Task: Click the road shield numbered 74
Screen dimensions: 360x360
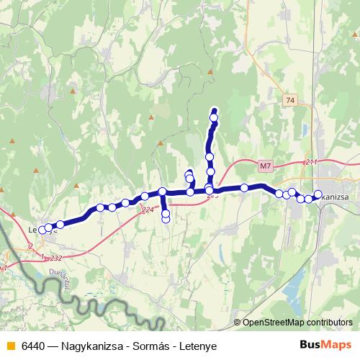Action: coord(290,100)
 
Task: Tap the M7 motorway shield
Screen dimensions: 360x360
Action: coord(265,166)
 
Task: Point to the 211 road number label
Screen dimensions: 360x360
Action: coord(311,162)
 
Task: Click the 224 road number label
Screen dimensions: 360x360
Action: coord(148,210)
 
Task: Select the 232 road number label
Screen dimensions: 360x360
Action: coord(57,258)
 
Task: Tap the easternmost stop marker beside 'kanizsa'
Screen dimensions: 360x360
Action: coord(318,194)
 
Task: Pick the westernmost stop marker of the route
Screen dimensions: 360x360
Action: coord(42,230)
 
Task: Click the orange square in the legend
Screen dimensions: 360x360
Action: coord(9,346)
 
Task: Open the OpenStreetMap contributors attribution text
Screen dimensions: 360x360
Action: coord(297,322)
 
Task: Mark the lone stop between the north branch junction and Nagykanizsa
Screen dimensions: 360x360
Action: coord(245,188)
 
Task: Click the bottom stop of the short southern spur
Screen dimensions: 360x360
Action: coord(166,219)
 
